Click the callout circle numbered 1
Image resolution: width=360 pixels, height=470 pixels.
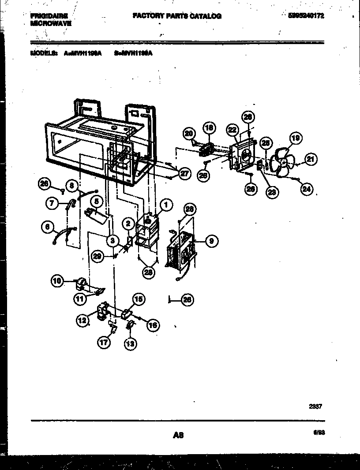pyautogui.click(x=166, y=204)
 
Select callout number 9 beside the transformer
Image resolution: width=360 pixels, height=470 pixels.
pyautogui.click(x=211, y=241)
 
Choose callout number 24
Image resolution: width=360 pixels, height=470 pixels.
pyautogui.click(x=306, y=189)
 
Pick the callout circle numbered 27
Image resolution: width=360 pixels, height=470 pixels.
pyautogui.click(x=184, y=174)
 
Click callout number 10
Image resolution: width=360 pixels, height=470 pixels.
pyautogui.click(x=57, y=280)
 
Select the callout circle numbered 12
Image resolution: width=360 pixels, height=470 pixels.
pyautogui.click(x=82, y=321)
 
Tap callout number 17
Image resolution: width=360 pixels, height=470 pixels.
pyautogui.click(x=105, y=343)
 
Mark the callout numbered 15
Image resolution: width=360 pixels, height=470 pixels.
pyautogui.click(x=139, y=300)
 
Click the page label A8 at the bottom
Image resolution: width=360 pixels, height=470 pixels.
pyautogui.click(x=178, y=435)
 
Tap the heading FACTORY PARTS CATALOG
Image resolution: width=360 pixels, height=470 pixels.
pyautogui.click(x=177, y=16)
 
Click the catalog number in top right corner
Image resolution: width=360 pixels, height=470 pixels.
pyautogui.click(x=306, y=15)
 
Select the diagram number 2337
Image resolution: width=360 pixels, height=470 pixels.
pyautogui.click(x=315, y=407)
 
